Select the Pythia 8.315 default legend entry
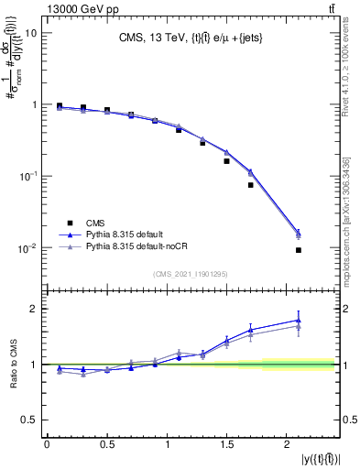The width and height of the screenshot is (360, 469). click(x=121, y=234)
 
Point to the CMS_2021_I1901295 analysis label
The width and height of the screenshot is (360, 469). click(x=189, y=274)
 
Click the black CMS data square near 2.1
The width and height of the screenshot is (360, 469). click(x=299, y=250)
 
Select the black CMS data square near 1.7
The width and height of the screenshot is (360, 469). click(x=250, y=185)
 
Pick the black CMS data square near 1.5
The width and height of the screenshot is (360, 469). click(x=226, y=161)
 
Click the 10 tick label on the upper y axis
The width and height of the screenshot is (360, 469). click(x=30, y=33)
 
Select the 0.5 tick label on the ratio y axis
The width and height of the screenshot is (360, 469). click(x=29, y=420)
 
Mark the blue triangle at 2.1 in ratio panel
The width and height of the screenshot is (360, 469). click(x=299, y=321)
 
